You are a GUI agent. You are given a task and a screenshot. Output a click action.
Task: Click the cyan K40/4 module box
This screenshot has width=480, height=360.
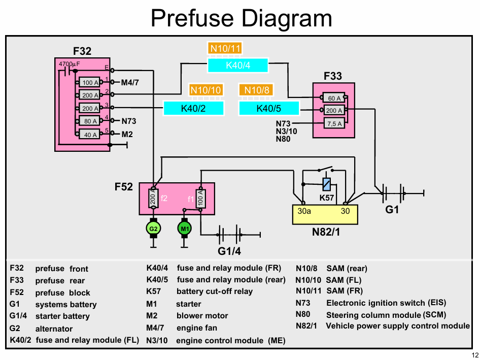tap(238, 66)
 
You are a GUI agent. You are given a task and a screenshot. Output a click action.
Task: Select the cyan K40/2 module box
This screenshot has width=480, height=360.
tap(193, 108)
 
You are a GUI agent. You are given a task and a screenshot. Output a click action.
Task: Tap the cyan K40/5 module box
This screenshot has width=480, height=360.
tap(269, 108)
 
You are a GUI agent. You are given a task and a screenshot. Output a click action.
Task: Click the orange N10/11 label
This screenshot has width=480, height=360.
tap(225, 48)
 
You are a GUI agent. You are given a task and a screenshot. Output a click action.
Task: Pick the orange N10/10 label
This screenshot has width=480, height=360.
tap(205, 90)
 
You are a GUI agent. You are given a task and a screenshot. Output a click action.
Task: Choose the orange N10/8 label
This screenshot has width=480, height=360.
tap(257, 90)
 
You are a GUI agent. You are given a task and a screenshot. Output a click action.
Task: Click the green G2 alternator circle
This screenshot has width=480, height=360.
tap(153, 228)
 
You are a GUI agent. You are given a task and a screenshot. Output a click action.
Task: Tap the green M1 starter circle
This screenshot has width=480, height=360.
tap(185, 228)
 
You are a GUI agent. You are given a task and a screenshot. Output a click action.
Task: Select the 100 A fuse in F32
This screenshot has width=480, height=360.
tap(89, 82)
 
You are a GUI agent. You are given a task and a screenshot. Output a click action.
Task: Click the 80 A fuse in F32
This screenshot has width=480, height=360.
tap(89, 121)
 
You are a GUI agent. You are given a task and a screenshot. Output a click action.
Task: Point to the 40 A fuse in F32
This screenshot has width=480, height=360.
tap(89, 134)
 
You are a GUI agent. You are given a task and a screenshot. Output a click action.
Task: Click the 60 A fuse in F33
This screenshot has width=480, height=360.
tap(334, 97)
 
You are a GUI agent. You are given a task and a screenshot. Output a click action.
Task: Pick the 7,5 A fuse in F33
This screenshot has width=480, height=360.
tap(334, 123)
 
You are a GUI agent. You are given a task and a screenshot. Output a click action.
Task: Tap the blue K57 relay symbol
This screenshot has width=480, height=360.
tap(327, 184)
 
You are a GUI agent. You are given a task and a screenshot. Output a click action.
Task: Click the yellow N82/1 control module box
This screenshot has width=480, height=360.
tap(325, 214)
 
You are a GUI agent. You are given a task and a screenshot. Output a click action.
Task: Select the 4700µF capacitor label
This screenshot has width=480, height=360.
tap(69, 64)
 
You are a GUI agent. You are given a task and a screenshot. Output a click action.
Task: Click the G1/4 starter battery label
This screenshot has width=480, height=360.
tap(229, 251)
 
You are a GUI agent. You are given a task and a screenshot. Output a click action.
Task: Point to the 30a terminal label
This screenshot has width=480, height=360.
tap(304, 211)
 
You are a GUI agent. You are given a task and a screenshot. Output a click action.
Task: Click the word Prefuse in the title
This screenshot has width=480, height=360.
tap(192, 18)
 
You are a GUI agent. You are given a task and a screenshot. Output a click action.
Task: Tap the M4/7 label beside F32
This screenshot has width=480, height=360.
tap(130, 82)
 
